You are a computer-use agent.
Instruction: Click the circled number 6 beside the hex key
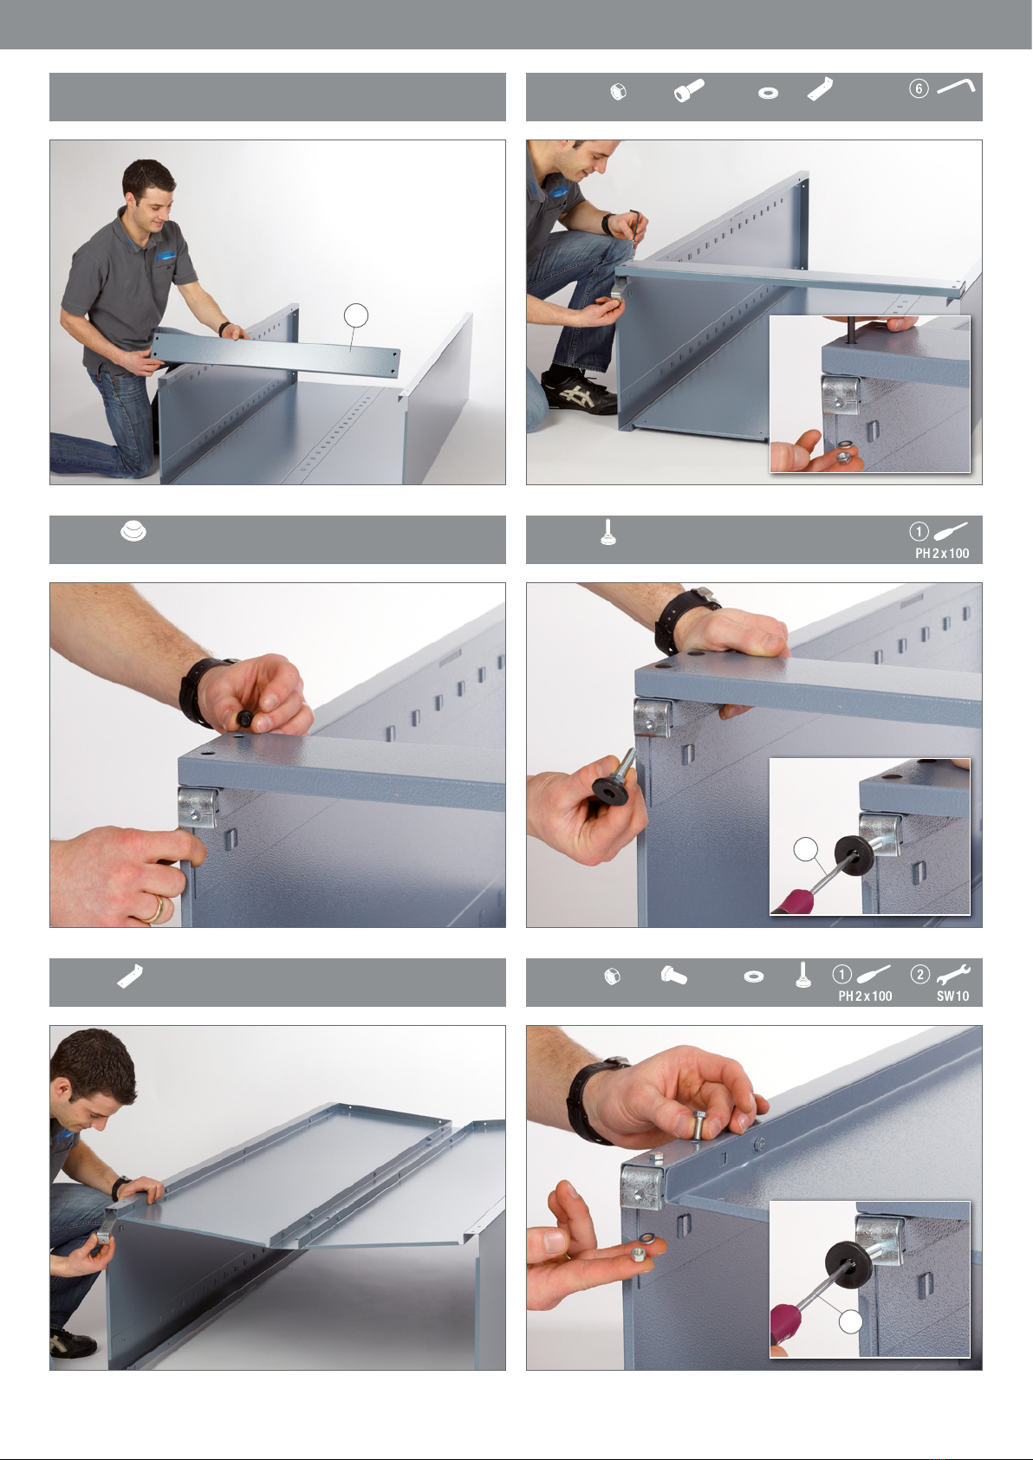point(919,88)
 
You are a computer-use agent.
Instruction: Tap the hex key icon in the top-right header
point(956,86)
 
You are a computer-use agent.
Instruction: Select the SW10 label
point(952,996)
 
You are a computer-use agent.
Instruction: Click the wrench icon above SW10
point(952,975)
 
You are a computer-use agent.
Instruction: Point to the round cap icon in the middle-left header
point(133,531)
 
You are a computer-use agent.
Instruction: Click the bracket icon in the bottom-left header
point(130,976)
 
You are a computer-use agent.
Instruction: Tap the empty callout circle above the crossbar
point(356,315)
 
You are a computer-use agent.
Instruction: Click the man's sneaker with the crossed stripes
point(580,391)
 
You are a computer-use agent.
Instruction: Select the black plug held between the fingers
point(246,718)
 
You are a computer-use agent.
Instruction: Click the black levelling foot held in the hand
point(614,779)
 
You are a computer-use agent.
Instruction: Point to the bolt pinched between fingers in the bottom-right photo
point(698,1126)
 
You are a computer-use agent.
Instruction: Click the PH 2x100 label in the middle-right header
point(942,554)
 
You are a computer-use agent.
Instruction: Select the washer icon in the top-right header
point(768,93)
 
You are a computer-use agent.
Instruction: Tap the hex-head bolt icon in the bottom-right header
point(674,976)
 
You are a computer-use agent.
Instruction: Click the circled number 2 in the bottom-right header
point(919,975)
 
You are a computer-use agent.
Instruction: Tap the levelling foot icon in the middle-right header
point(608,532)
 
